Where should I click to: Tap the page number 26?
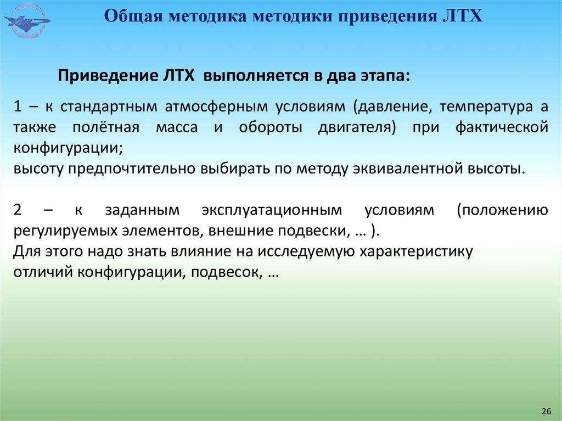point(546,411)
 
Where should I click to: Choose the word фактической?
point(501,127)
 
